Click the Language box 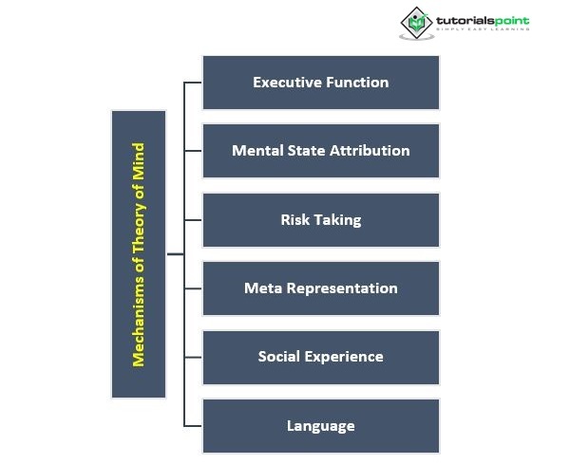point(321,425)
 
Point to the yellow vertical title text point(139,254)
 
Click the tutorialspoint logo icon point(415,23)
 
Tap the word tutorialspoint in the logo point(483,20)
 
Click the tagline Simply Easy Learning point(483,30)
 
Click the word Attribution point(370,151)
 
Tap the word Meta point(261,288)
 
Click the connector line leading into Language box point(193,426)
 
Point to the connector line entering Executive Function point(193,83)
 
